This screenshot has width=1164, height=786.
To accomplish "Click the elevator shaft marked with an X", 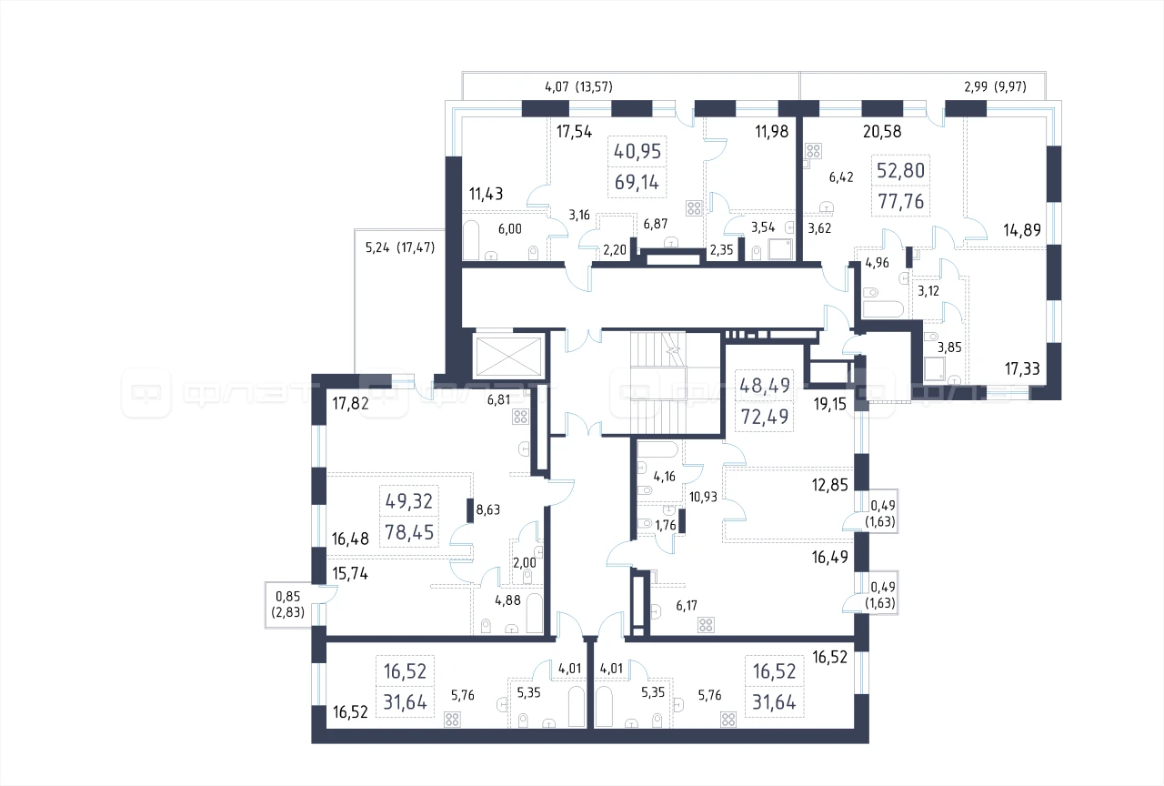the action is click(508, 356).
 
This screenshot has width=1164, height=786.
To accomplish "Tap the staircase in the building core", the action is click(657, 383).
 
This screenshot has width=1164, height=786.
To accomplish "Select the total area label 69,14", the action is click(637, 183).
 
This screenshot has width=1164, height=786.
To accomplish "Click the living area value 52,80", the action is click(900, 170).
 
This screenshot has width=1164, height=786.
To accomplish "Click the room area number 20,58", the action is click(882, 132).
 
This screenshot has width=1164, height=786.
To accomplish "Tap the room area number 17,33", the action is click(1022, 369).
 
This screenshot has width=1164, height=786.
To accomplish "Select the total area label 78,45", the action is click(409, 532).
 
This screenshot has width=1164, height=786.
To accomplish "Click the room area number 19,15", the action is click(830, 404).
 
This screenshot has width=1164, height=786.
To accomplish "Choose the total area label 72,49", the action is click(765, 417).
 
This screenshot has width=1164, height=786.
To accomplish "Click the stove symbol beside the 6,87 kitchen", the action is click(694, 208).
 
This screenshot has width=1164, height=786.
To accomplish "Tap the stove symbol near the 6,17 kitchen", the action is click(706, 624).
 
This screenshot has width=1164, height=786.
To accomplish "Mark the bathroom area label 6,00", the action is click(510, 228).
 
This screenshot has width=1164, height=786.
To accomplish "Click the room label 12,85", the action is click(830, 485).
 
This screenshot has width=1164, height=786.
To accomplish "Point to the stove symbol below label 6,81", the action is click(520, 417).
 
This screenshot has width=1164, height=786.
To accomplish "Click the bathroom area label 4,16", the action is click(664, 476).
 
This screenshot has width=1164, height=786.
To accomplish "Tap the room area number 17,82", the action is click(350, 403).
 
